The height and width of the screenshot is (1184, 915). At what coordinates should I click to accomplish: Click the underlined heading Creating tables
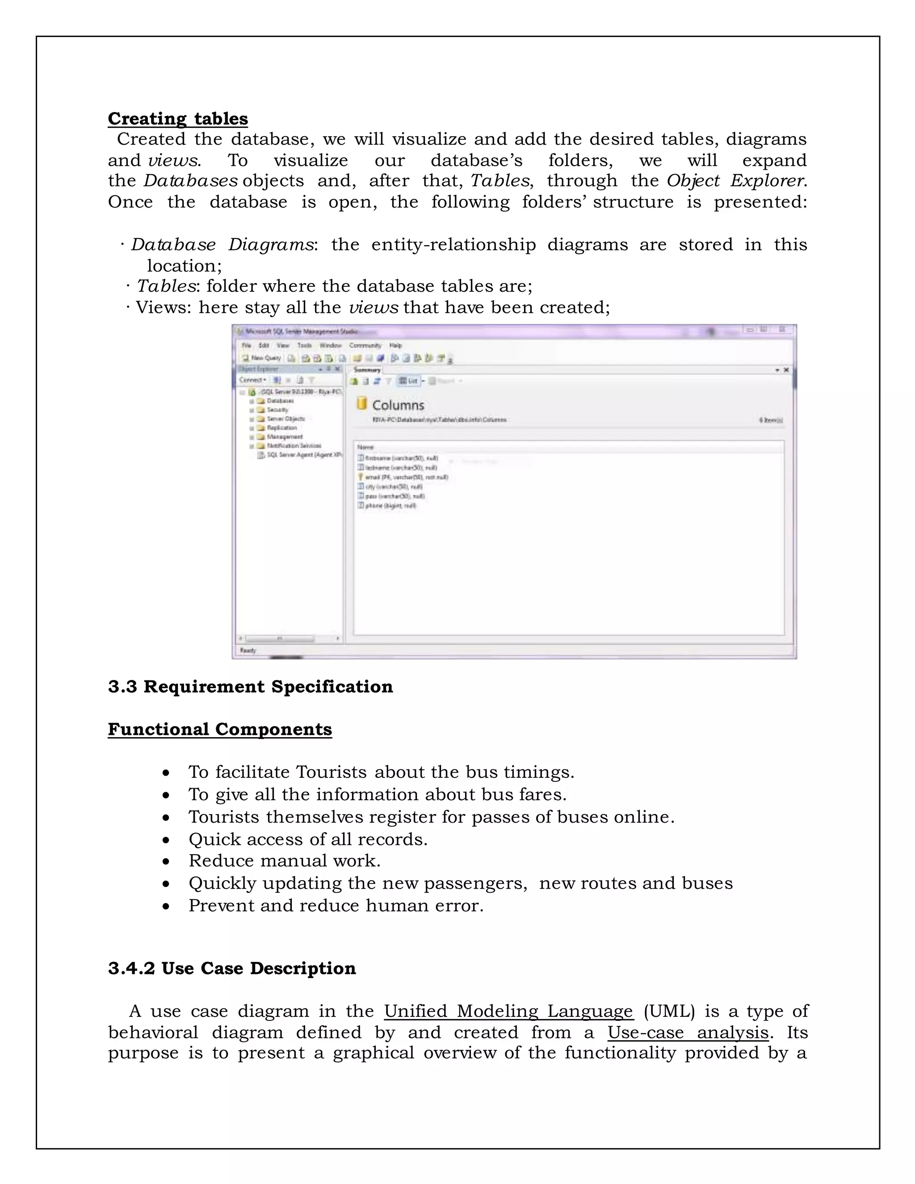coord(178,118)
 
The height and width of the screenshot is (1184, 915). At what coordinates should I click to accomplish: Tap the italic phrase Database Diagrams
coord(222,244)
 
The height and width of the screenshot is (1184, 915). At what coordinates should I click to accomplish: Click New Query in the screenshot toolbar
coord(262,358)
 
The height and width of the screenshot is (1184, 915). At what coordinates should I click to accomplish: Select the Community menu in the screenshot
coord(365,345)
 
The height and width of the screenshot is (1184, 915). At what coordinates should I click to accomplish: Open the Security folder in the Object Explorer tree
coord(277,410)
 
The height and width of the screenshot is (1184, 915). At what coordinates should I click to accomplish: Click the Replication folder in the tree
coord(281,428)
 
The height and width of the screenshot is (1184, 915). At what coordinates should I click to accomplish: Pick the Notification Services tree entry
coord(294,445)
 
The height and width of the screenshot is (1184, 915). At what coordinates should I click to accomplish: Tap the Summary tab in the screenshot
coord(367,370)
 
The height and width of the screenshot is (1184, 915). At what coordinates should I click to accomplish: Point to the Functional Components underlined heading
coord(219,729)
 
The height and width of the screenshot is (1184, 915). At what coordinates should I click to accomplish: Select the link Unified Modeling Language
coord(508,1011)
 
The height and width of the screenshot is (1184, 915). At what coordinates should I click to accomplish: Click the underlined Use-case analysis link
coord(687,1032)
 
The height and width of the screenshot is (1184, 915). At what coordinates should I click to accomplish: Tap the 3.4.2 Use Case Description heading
coord(231,968)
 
